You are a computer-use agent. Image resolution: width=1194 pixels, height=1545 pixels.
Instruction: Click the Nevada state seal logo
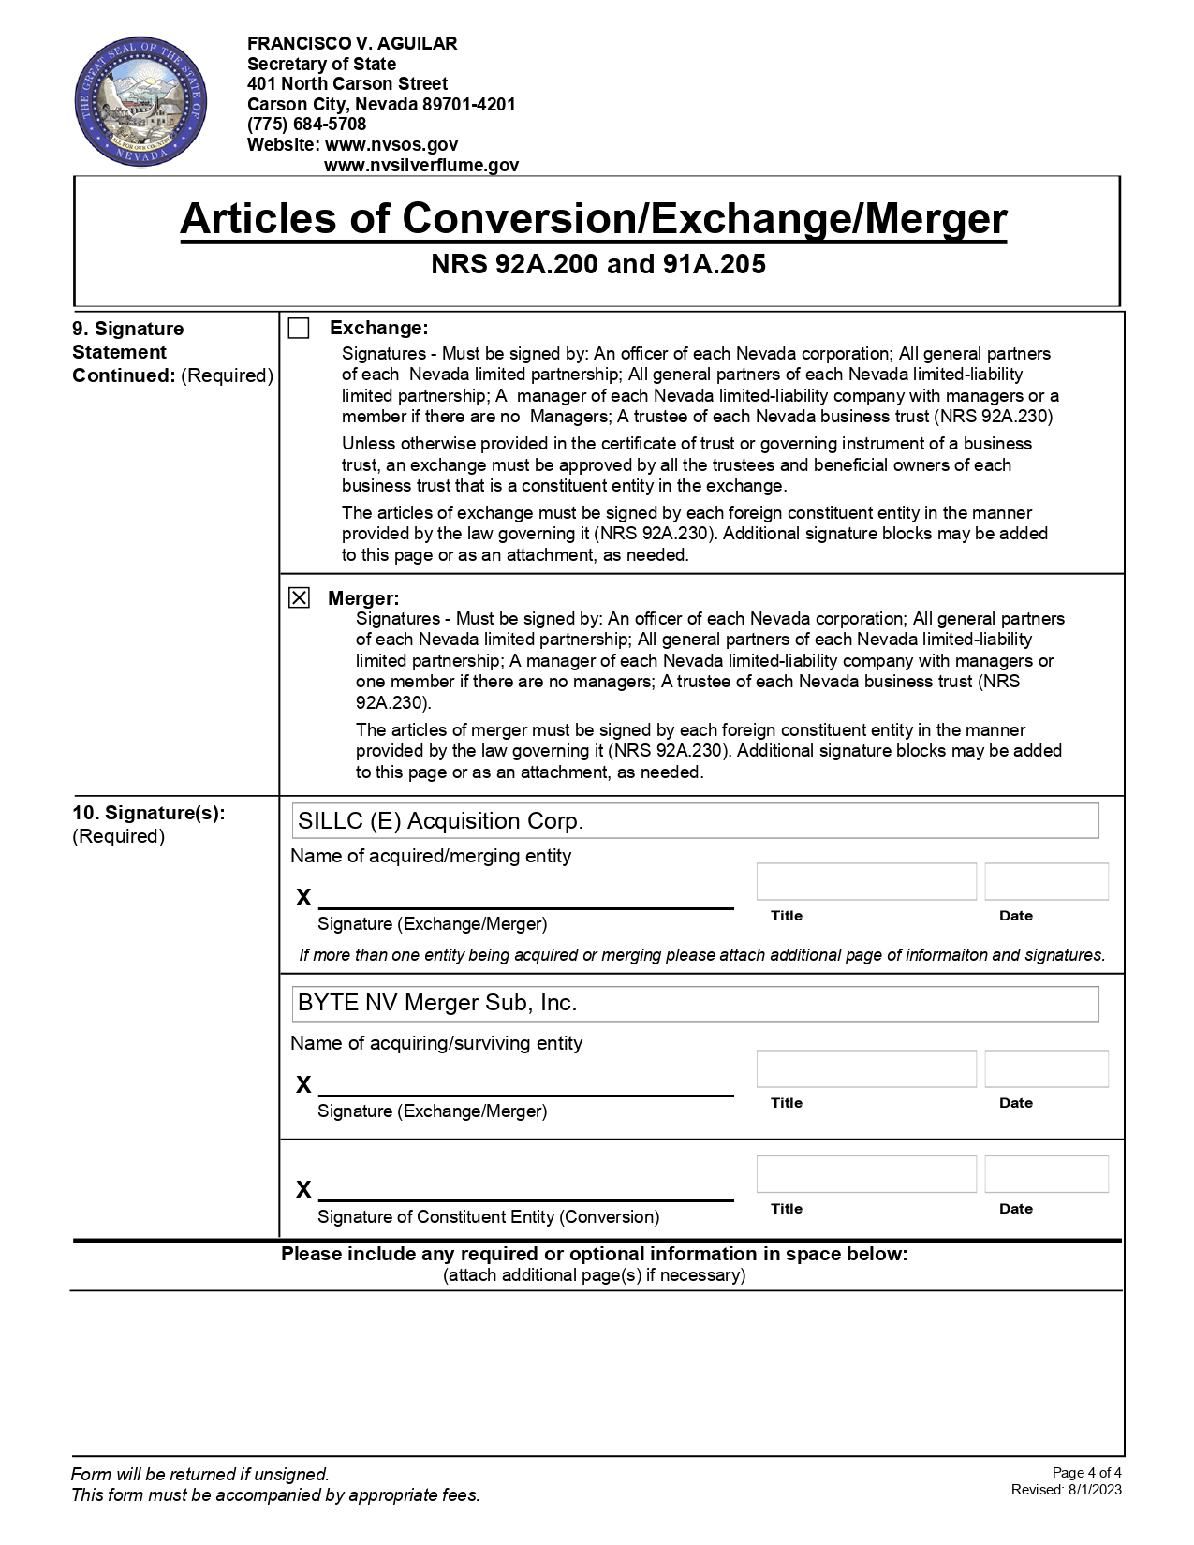(140, 103)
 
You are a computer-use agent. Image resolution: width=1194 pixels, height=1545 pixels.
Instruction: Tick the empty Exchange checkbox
(299, 329)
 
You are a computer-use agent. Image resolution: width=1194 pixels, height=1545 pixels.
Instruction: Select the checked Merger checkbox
(299, 597)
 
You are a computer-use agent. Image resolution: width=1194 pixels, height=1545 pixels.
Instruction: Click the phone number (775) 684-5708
(306, 125)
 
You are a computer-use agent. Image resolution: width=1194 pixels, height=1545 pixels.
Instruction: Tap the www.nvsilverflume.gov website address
(420, 166)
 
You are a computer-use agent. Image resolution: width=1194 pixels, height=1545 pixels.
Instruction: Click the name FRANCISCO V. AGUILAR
(352, 44)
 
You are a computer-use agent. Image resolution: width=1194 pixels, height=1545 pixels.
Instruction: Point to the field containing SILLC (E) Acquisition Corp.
(695, 821)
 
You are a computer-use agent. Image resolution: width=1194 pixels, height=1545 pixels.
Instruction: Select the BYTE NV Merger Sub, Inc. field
(695, 1004)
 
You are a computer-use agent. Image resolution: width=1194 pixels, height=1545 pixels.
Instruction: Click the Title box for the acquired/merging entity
(866, 882)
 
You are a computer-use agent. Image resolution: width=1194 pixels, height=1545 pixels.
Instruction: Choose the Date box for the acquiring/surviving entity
(1046, 1069)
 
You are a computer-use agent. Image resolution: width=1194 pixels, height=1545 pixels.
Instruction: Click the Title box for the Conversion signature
(866, 1174)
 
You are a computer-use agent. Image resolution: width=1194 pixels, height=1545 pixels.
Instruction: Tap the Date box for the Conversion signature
(1046, 1174)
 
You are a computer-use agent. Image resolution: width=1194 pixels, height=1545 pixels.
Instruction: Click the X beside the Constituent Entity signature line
(303, 1190)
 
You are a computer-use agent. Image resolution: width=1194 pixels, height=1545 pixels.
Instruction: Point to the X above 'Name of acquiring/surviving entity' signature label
(303, 1085)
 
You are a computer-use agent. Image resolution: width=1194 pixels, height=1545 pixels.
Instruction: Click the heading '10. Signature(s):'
(149, 813)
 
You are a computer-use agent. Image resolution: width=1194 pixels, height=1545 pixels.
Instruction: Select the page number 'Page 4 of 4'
(1086, 1473)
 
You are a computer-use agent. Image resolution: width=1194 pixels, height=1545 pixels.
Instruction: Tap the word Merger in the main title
(935, 219)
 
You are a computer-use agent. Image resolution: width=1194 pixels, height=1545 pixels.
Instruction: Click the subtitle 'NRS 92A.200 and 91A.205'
(597, 265)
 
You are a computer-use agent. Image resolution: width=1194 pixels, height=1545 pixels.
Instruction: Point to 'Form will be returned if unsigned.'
(200, 1475)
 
